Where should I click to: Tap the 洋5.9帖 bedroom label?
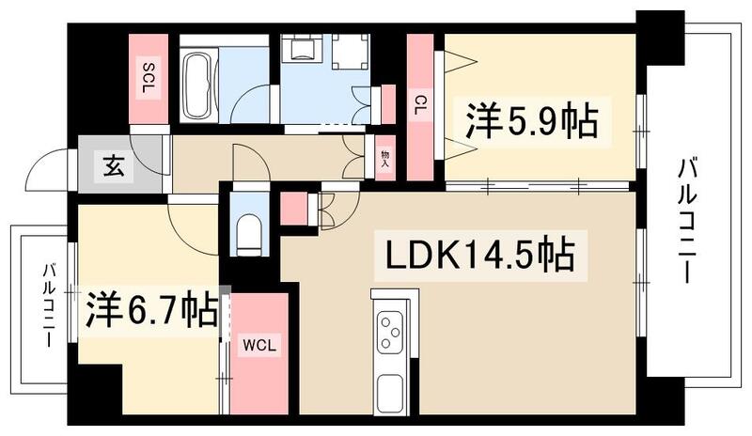click(x=529, y=121)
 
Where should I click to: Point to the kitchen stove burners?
click(x=389, y=330)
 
